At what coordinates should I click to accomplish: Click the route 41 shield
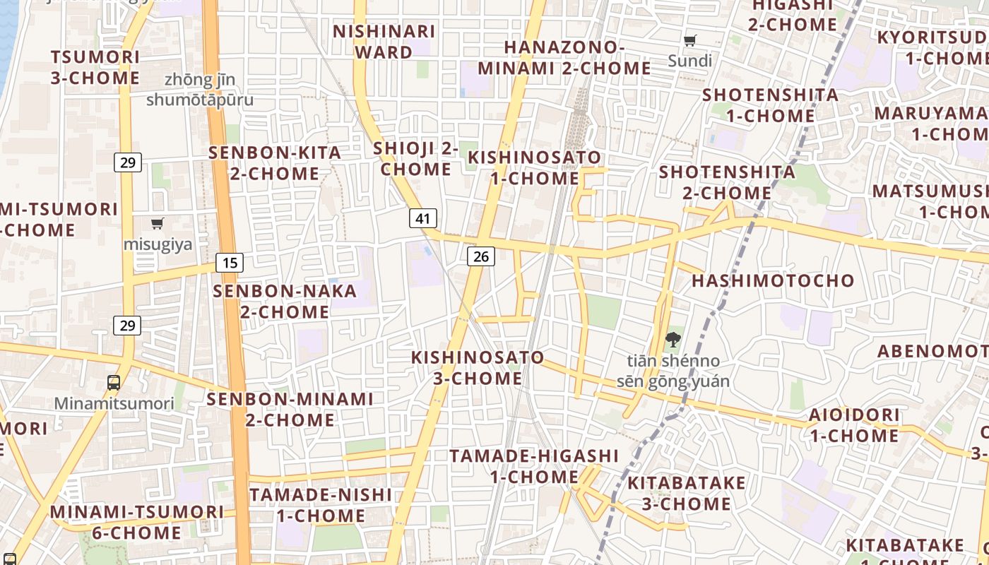point(423,218)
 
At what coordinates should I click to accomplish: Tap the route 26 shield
point(480,256)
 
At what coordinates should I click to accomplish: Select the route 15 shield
point(230,263)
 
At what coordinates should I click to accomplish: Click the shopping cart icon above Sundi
point(690,41)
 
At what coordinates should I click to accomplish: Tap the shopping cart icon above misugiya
point(158,224)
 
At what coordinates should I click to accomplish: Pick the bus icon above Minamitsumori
point(114,383)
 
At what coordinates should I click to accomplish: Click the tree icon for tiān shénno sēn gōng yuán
point(673,340)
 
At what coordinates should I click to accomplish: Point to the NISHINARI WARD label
point(384,42)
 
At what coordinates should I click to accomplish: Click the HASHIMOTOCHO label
point(773,280)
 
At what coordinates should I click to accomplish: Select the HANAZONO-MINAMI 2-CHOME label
point(564,58)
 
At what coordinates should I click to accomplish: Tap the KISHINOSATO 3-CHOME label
point(478,368)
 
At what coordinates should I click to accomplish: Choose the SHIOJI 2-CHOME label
point(415,159)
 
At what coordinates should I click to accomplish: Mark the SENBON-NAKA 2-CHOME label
point(285,301)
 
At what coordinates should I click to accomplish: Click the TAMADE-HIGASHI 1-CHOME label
point(534,466)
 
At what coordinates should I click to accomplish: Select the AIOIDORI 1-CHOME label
point(854,424)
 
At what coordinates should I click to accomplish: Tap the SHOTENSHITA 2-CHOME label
point(727,182)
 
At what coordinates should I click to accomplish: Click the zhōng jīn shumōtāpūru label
point(199,90)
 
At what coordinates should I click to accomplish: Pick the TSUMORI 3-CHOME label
point(95,67)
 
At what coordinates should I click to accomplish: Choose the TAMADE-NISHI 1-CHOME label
point(320,505)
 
